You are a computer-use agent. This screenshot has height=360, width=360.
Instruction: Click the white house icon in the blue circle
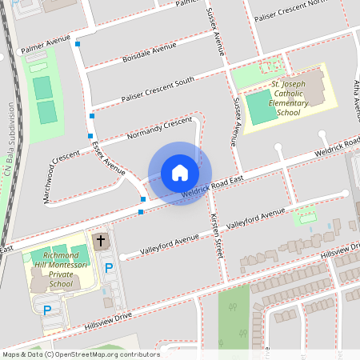pos(180,173)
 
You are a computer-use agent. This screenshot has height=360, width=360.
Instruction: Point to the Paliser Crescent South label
pos(158,89)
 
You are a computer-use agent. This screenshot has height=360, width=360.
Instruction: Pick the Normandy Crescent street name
pos(160,129)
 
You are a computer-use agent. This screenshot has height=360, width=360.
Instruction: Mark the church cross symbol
pos(101,240)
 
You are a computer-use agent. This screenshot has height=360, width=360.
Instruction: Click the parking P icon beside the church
pos(108,267)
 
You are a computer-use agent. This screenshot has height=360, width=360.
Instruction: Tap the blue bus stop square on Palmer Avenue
pos(78,44)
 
